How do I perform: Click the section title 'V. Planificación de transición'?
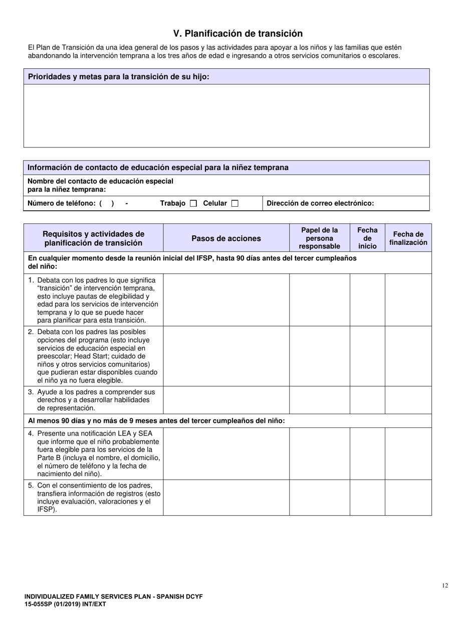point(237,34)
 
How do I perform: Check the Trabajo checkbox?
point(193,204)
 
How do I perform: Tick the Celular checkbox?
point(234,204)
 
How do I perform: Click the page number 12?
point(445,585)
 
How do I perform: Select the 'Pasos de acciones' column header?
point(226,238)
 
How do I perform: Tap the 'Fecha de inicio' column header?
point(367,238)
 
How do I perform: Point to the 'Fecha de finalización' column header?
point(408,238)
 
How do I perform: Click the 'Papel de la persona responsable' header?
point(319,238)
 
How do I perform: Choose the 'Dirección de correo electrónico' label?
point(320,203)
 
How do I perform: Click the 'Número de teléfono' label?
point(61,203)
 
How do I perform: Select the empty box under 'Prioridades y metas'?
point(226,115)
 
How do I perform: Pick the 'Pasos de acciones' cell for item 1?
point(226,300)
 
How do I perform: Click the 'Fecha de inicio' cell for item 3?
point(367,400)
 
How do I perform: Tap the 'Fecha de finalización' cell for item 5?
point(408,498)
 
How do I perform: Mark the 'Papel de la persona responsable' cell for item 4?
point(319,453)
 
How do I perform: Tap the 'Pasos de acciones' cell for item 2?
point(226,356)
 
